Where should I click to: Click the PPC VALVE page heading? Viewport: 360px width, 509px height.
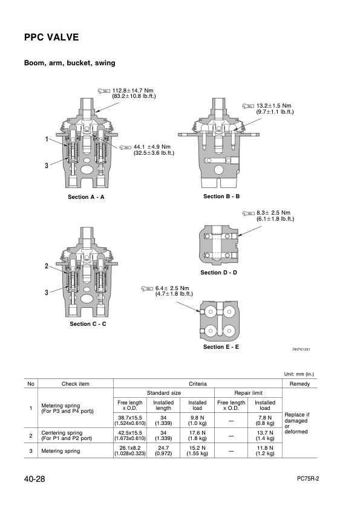tap(51, 37)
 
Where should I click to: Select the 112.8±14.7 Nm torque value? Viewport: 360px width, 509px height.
tap(133, 91)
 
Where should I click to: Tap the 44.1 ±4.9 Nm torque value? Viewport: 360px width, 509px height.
tap(152, 147)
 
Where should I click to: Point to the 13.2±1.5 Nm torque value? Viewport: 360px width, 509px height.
tap(274, 106)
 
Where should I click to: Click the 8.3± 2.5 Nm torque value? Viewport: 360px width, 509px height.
tap(273, 213)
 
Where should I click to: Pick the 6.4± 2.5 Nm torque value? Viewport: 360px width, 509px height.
tap(172, 288)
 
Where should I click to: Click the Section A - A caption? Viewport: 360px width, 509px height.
tap(86, 197)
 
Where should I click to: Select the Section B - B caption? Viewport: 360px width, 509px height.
tap(221, 196)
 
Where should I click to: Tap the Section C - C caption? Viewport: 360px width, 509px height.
tap(88, 324)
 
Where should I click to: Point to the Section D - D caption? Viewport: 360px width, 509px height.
tap(218, 273)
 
